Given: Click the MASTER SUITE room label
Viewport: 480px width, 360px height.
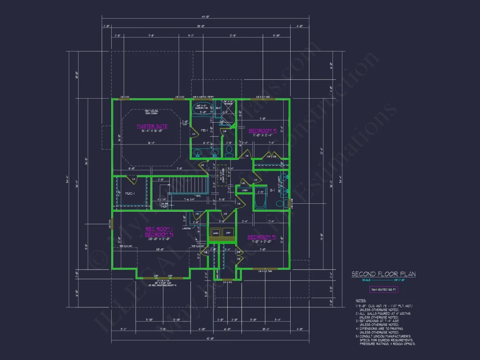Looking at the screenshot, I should pos(152,127).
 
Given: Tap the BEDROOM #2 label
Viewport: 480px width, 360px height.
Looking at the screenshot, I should pos(263,130).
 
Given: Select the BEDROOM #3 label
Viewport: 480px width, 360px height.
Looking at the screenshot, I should pos(262,237).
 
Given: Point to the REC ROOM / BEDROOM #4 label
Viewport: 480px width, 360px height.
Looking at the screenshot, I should pos(159,232).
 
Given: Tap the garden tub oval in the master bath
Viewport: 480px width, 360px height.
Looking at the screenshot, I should pos(201,106).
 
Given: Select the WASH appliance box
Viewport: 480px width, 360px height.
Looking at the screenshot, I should pos(215,233).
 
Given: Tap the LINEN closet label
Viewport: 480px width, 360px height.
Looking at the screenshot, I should pos(245,190).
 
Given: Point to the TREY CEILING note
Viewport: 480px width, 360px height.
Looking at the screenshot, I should pos(151,112).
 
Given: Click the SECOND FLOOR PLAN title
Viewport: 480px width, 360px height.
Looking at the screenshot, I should pos(384,274).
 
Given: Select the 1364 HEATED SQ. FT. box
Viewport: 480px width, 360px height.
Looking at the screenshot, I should pos(384,289).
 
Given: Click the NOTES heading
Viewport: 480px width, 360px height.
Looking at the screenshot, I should pos(361,301).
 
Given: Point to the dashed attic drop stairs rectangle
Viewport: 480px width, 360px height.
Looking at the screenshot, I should pos(222,176).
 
